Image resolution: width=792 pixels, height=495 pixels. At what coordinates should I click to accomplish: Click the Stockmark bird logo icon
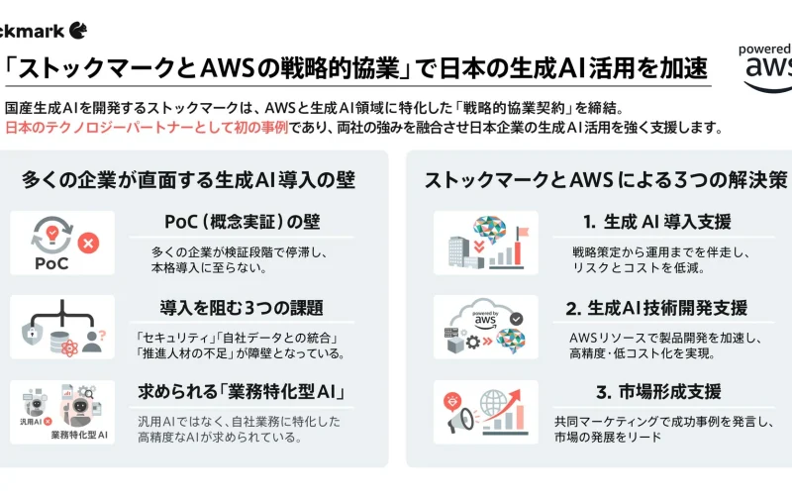tap(76, 30)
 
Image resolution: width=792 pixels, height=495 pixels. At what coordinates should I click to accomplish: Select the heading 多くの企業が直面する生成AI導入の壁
tap(188, 180)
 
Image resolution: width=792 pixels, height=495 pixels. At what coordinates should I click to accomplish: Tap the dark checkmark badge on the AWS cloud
tap(517, 320)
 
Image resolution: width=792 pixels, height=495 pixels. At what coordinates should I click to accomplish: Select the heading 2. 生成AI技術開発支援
tap(657, 307)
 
